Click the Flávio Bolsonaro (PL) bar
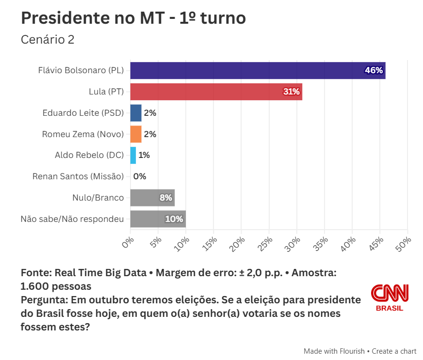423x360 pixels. [x=257, y=70]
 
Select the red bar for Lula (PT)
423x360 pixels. [x=216, y=92]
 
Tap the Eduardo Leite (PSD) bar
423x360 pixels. [x=136, y=113]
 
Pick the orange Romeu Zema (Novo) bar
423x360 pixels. [x=136, y=134]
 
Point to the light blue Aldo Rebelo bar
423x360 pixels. [x=133, y=155]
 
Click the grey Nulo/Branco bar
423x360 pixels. [x=152, y=198]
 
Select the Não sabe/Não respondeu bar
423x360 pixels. [x=158, y=219]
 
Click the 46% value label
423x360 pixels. [x=374, y=71]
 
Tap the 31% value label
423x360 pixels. [x=292, y=92]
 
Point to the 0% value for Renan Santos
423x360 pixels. [x=140, y=176]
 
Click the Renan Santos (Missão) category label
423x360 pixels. [x=78, y=176]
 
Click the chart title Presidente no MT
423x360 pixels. [x=133, y=18]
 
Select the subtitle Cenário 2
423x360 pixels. [x=48, y=40]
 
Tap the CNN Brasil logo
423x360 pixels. [x=390, y=297]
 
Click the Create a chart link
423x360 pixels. [x=394, y=351]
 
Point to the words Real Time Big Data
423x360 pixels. [x=100, y=273]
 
